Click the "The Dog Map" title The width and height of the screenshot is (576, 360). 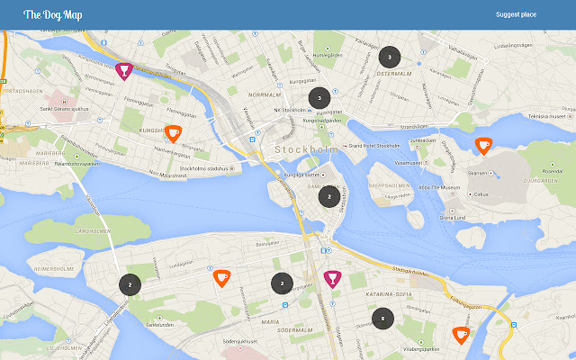(53, 14)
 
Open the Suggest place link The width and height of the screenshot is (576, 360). (516, 14)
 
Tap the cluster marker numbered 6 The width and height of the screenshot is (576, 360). (383, 318)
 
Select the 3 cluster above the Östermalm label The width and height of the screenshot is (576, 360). (389, 57)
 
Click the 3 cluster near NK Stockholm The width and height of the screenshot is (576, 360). (319, 97)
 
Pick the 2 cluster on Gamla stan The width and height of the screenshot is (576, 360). (329, 195)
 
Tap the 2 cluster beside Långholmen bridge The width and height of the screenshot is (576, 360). (130, 284)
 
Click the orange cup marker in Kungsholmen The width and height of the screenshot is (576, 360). (174, 133)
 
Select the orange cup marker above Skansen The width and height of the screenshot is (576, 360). (483, 145)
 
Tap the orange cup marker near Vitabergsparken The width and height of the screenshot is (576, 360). (461, 335)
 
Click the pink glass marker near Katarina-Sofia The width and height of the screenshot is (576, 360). (332, 278)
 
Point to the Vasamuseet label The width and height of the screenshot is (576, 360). (408, 163)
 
